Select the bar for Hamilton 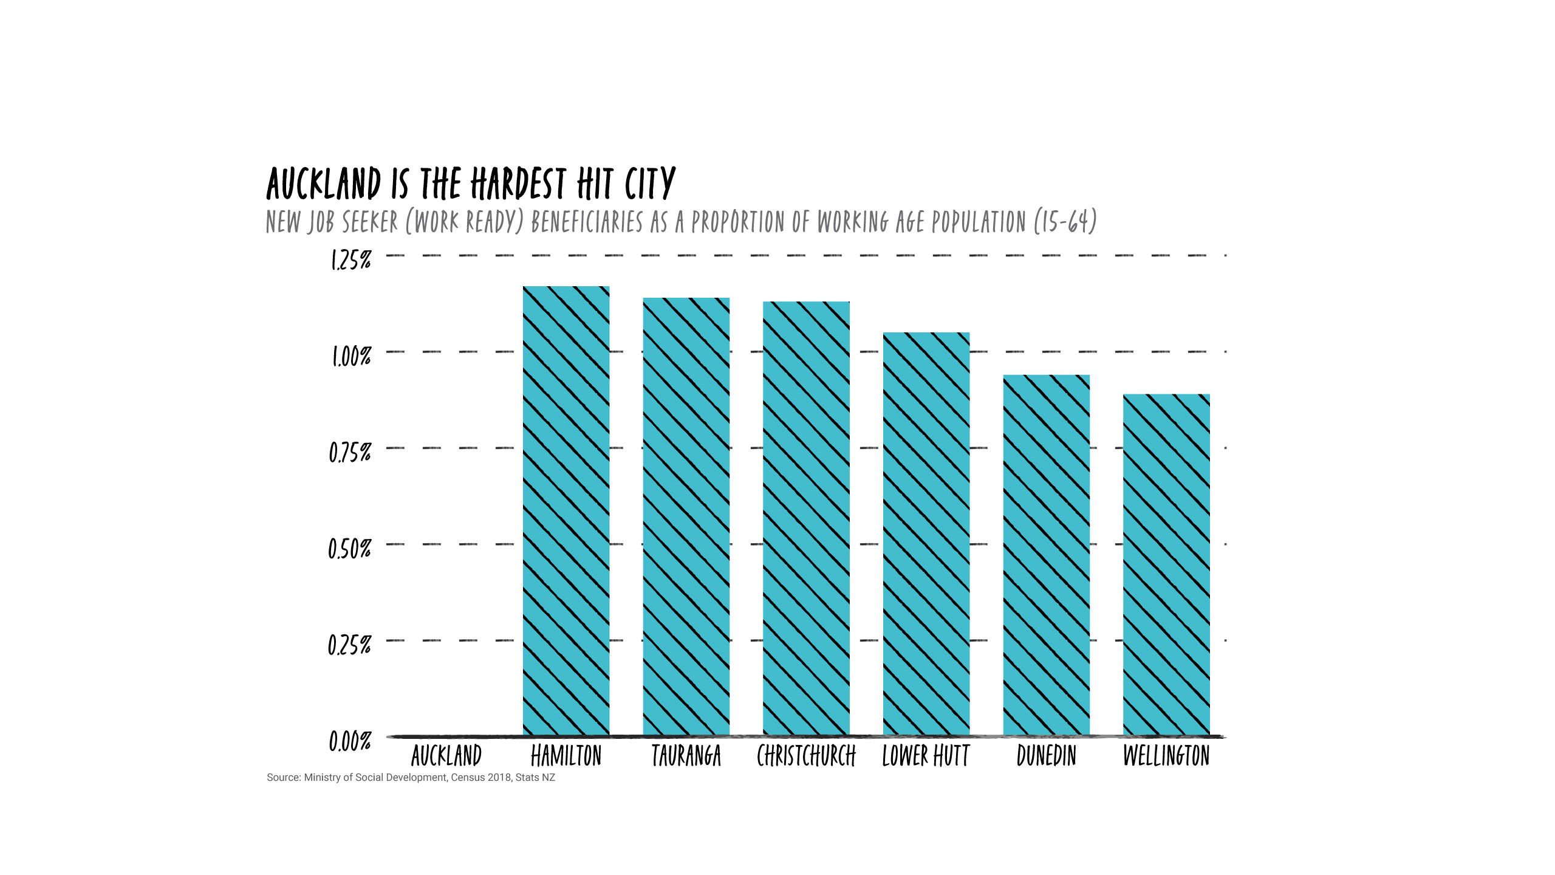[x=566, y=510]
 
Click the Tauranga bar [x=686, y=516]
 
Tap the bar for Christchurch [x=806, y=518]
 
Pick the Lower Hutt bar [x=926, y=534]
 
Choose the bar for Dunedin [x=1046, y=555]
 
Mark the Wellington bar [x=1166, y=564]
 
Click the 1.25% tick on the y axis [x=350, y=260]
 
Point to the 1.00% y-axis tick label [x=350, y=357]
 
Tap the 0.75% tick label [x=350, y=453]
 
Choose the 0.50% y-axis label [x=350, y=549]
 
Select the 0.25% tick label [x=349, y=645]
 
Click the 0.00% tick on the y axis [x=350, y=741]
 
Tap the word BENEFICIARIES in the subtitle [x=587, y=222]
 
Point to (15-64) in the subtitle [x=1065, y=222]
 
